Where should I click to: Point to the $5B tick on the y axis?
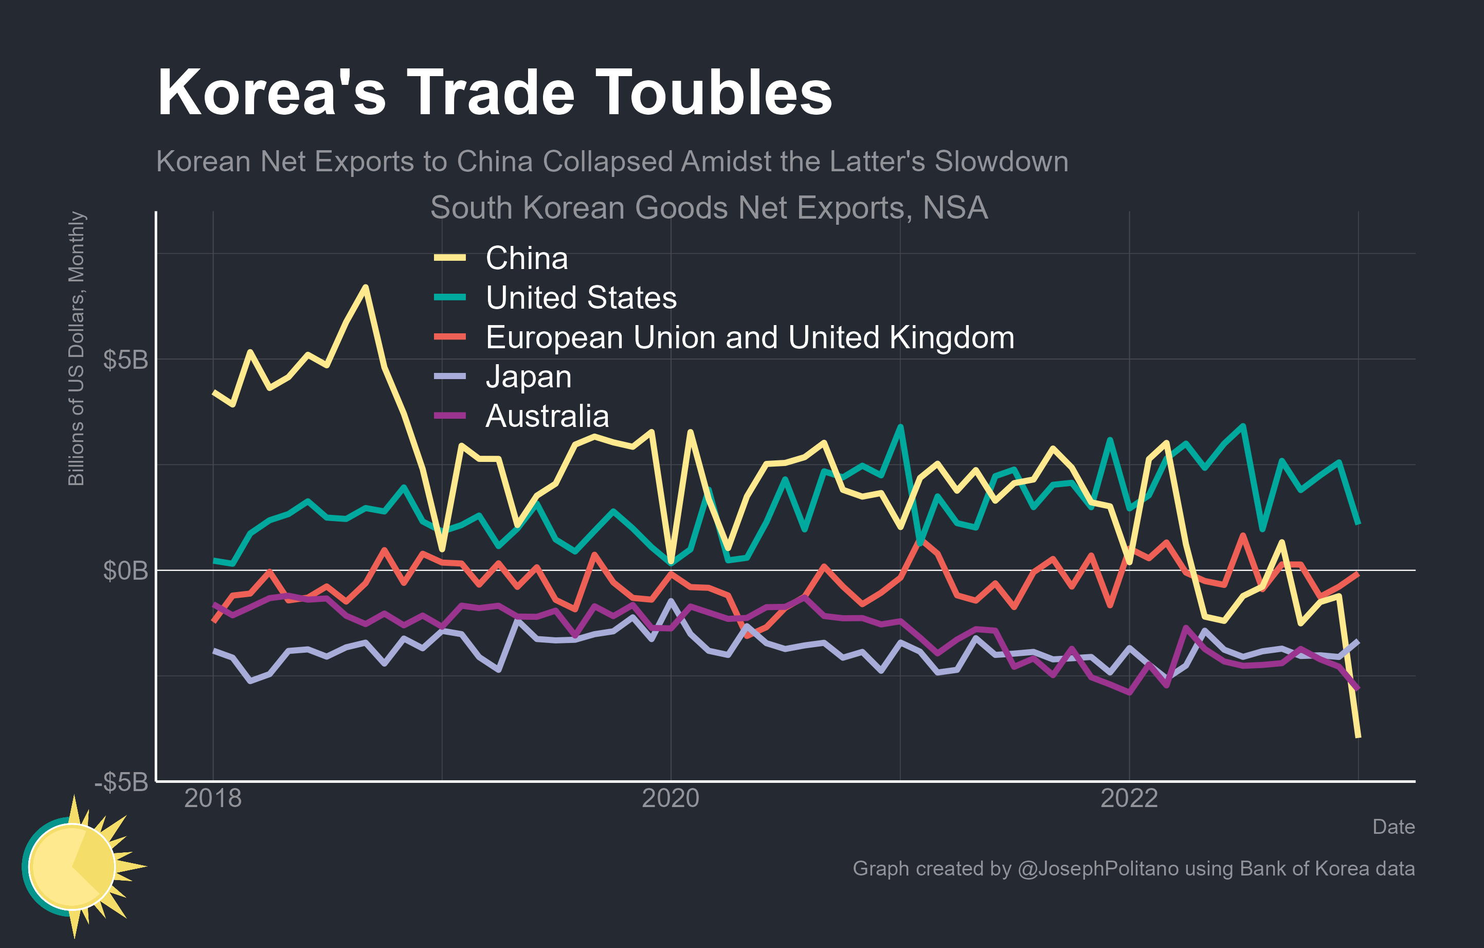click(x=125, y=360)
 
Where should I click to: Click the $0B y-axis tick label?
click(x=125, y=571)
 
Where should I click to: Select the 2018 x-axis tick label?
click(x=213, y=799)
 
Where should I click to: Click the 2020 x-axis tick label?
click(x=671, y=799)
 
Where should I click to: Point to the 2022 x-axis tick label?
click(x=1129, y=799)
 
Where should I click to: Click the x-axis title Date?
click(x=1393, y=827)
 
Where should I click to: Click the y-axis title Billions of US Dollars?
click(x=77, y=349)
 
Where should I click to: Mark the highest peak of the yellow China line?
click(x=366, y=287)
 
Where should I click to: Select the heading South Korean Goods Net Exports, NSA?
click(x=709, y=208)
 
